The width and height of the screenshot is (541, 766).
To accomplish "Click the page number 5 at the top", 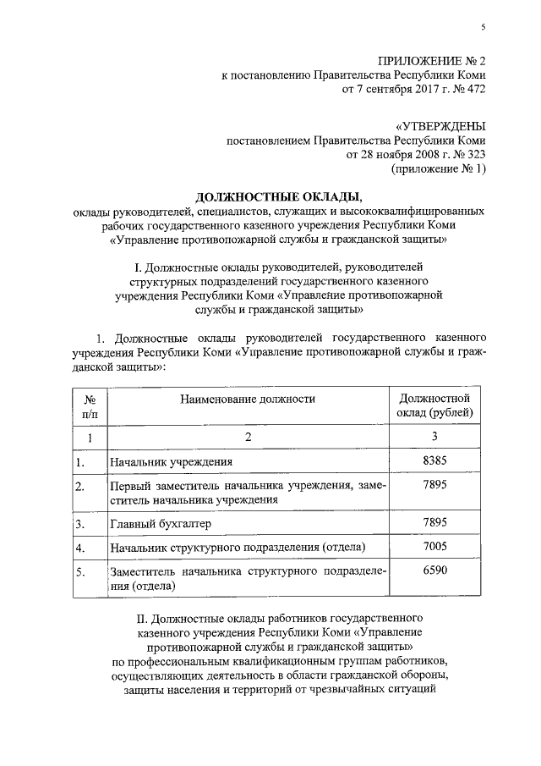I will click(x=484, y=27).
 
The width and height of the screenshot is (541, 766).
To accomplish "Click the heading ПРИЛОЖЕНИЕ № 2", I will click(x=432, y=60).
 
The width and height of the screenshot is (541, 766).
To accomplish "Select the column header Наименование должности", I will click(x=247, y=398).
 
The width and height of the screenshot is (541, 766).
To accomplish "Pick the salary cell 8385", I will click(x=434, y=460).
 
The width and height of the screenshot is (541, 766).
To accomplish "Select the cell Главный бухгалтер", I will click(x=161, y=525).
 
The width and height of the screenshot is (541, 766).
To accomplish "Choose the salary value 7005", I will click(x=434, y=548).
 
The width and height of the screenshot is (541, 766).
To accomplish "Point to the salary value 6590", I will click(x=434, y=570).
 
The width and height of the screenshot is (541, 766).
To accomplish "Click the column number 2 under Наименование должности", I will click(x=248, y=437).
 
